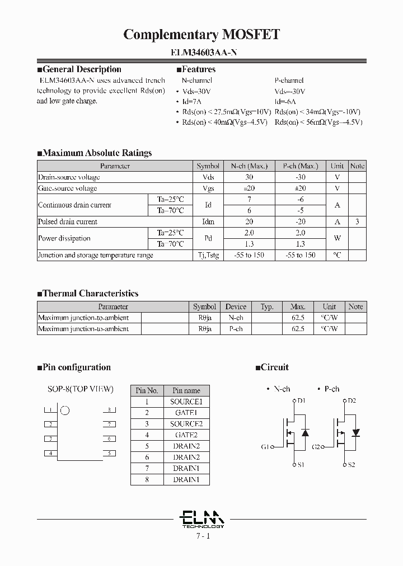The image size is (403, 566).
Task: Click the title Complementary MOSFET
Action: (x=201, y=35)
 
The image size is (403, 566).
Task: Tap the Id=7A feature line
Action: (x=191, y=101)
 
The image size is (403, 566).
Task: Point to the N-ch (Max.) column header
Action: (x=249, y=166)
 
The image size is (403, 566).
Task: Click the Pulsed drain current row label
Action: (x=67, y=221)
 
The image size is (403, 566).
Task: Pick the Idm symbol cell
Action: (x=208, y=221)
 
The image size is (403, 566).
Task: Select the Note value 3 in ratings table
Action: (x=357, y=221)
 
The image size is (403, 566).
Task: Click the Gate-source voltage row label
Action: (x=67, y=188)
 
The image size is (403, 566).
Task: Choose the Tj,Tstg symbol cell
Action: (x=208, y=255)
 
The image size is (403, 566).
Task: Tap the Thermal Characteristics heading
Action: (x=90, y=293)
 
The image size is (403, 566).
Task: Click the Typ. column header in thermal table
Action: (x=267, y=306)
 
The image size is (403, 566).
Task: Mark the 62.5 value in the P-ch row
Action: (x=298, y=329)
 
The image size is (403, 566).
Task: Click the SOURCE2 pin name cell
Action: (x=186, y=424)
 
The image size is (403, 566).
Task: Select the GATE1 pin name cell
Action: (x=186, y=413)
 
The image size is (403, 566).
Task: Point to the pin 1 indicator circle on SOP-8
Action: (x=65, y=411)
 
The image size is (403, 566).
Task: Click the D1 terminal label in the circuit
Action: (x=301, y=401)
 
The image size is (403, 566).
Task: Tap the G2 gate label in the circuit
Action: (x=316, y=447)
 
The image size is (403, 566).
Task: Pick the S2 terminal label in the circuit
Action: (x=351, y=465)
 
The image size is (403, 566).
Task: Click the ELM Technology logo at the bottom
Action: (x=203, y=519)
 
